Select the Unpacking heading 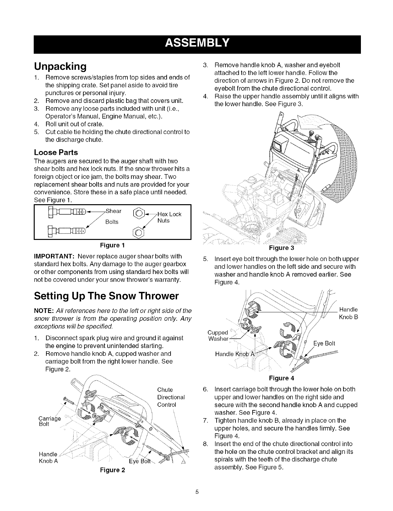(x=60, y=67)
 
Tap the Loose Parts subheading (x=56, y=152)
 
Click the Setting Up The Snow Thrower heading (x=106, y=296)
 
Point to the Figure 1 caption (x=112, y=244)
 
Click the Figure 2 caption (x=112, y=470)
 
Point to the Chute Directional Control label (x=171, y=397)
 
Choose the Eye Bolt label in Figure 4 (x=324, y=343)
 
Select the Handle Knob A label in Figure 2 (x=48, y=457)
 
